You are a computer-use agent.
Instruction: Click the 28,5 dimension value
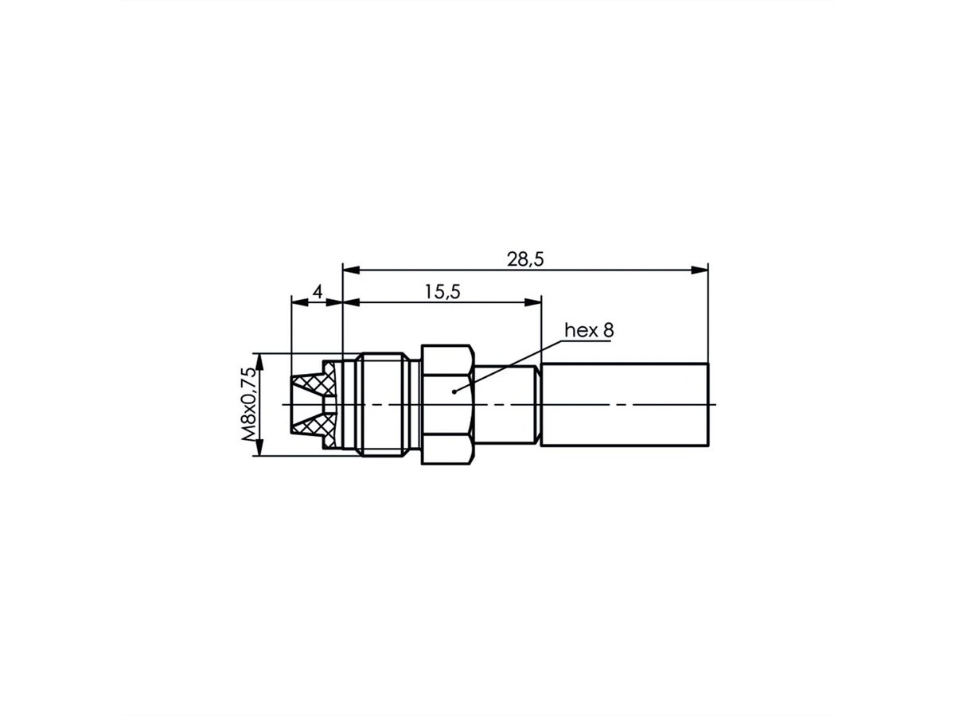[524, 259]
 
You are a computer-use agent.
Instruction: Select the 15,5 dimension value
[442, 292]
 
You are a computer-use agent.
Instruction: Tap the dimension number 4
[317, 292]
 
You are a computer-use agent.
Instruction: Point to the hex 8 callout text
[589, 330]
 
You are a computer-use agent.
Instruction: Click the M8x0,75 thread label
[249, 404]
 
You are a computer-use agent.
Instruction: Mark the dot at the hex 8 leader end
[453, 391]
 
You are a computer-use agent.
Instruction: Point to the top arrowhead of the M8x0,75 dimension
[256, 359]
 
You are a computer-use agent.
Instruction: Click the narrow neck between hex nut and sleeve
[508, 405]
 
